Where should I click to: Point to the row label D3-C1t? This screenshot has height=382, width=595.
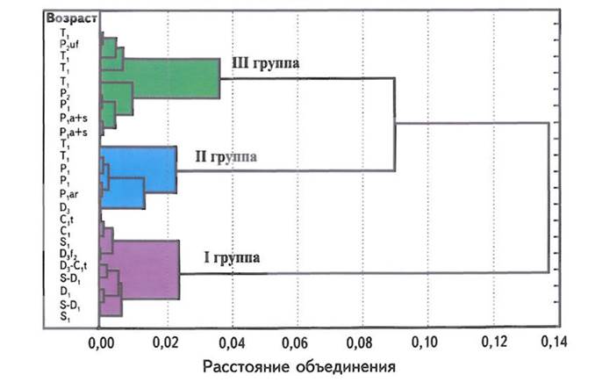pyautogui.click(x=73, y=266)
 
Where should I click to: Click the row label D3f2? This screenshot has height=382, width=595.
pyautogui.click(x=68, y=254)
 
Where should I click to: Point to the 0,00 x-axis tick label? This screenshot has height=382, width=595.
pyautogui.click(x=104, y=342)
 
